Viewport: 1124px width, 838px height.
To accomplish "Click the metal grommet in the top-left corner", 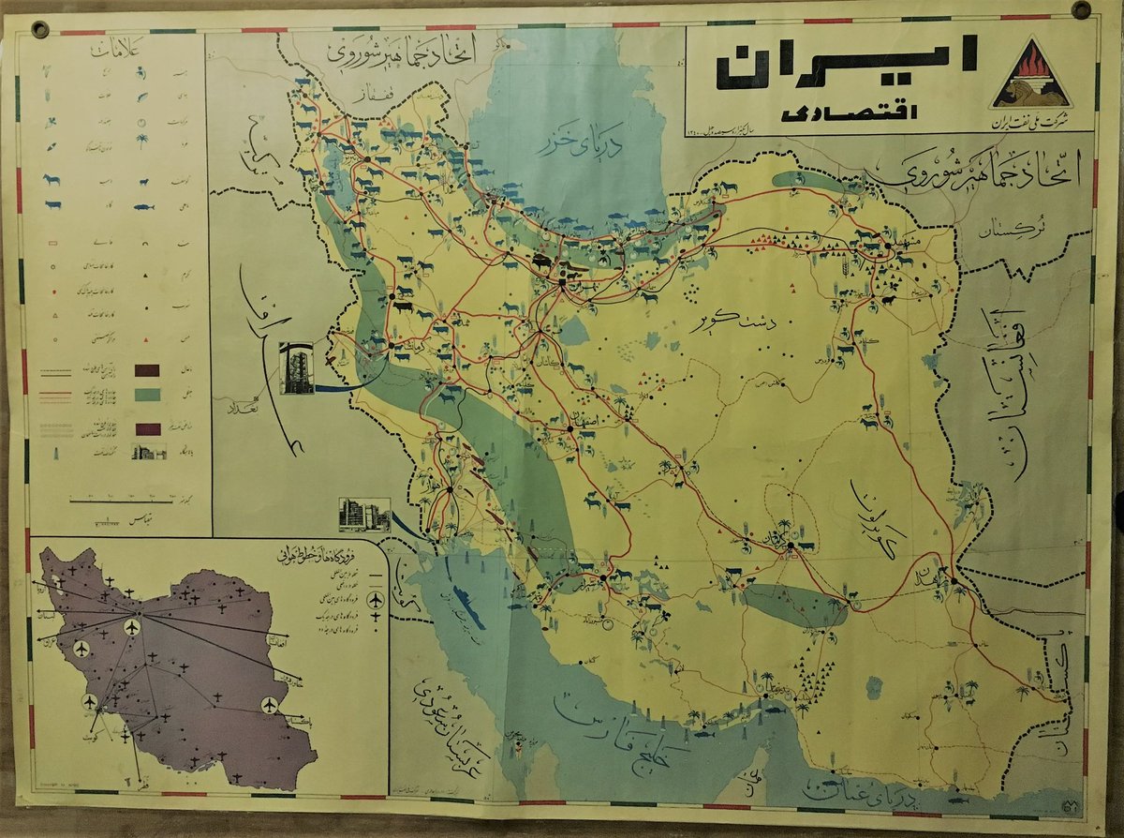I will click(x=39, y=28).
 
